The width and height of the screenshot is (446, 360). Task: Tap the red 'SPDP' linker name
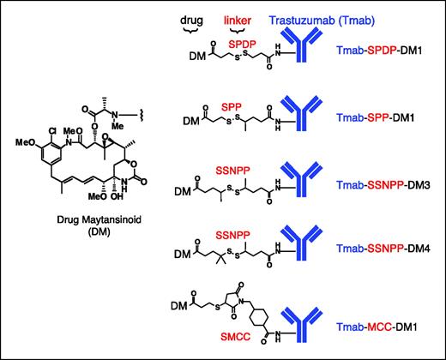pos(243,41)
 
